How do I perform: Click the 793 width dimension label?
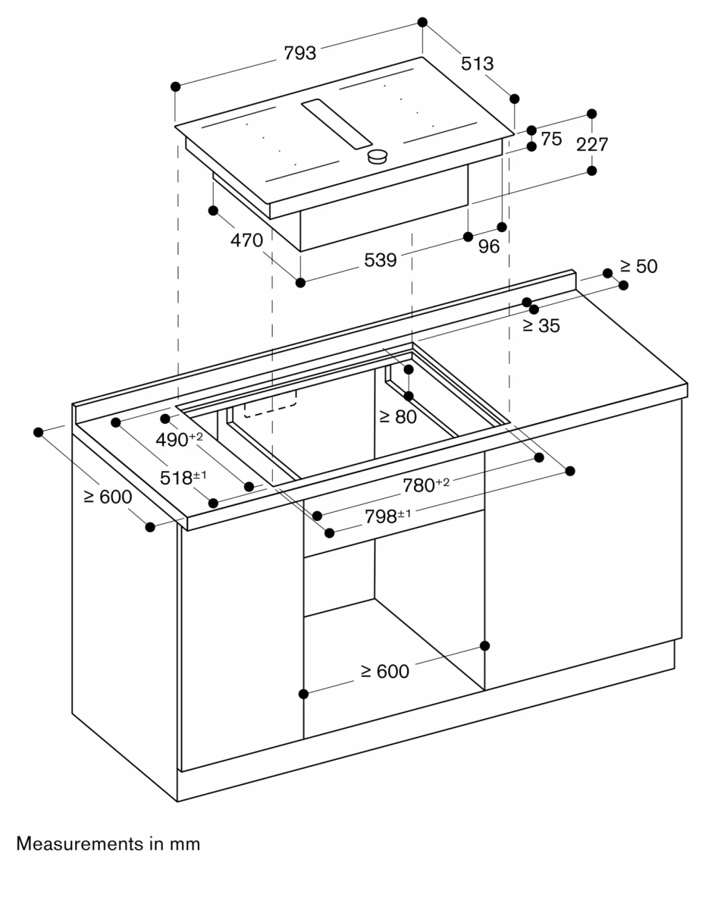coord(299,53)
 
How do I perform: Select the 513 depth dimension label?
coord(477,64)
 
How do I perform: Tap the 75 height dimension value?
coord(551,139)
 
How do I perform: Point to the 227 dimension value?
coord(592,144)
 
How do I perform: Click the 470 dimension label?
coord(246,240)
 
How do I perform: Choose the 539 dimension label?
coord(380,260)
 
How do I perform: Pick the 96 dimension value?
coord(489,246)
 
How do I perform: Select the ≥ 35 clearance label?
coord(541,326)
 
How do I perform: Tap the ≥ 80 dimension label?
coord(398,416)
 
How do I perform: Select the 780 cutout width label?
coord(425,485)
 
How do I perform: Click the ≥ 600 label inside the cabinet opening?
coord(384,671)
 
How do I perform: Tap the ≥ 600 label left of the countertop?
coord(107,497)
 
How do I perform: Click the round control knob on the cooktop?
coord(378,156)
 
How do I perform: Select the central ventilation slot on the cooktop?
coord(337,124)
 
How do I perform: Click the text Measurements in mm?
coord(108,843)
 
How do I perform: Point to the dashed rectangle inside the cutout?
coord(271,405)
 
